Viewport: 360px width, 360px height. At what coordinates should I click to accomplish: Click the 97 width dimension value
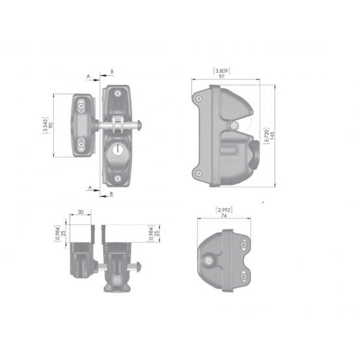tap(221, 77)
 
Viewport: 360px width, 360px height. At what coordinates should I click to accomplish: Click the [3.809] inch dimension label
tap(222, 71)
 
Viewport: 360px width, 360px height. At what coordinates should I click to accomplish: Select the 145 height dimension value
tap(272, 136)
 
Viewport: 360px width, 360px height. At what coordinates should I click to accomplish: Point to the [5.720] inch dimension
tap(267, 136)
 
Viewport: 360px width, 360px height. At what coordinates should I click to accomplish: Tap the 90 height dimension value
tap(51, 125)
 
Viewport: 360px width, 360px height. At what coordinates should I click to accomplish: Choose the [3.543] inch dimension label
tap(45, 125)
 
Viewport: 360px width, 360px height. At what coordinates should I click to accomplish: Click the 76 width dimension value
tap(224, 215)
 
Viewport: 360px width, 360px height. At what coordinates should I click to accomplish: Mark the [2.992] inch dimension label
tap(224, 210)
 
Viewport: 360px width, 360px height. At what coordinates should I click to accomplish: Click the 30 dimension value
tap(80, 212)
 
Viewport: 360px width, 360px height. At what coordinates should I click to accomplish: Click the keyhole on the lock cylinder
tap(117, 149)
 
